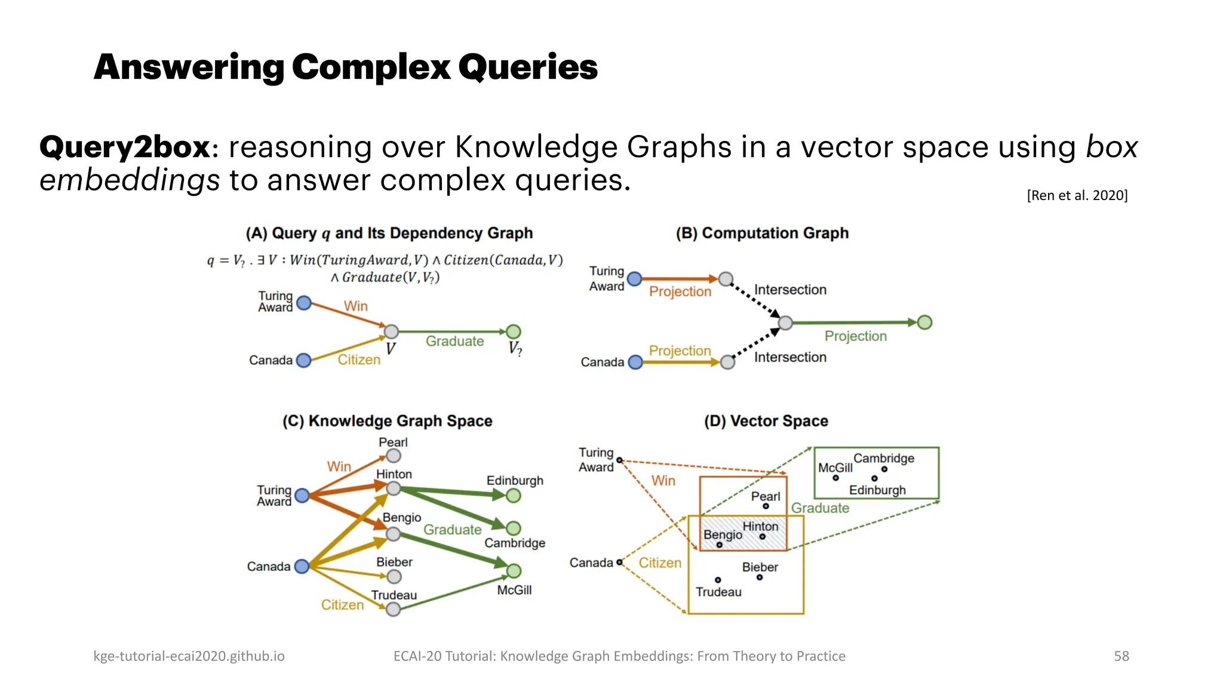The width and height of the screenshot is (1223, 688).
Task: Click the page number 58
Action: coord(1121,656)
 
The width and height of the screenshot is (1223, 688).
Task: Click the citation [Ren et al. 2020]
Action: coord(1077,195)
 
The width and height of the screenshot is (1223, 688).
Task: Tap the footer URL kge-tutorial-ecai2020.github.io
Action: coord(189,656)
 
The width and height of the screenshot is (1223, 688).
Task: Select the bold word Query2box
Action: coord(125,147)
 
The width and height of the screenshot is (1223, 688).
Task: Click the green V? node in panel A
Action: coord(513,331)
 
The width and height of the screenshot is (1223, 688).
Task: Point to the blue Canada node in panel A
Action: coord(303,360)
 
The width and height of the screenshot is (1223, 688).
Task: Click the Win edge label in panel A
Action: coord(355,306)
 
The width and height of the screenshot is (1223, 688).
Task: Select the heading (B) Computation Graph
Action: coord(761,233)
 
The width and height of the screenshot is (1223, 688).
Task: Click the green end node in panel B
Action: coord(924,322)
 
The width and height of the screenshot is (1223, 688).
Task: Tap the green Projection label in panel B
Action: coord(855,336)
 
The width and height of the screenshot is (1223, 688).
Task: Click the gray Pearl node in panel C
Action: coord(393,456)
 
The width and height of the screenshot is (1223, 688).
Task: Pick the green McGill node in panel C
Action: coord(514,571)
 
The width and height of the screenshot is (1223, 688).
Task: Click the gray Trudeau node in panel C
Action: coord(392,609)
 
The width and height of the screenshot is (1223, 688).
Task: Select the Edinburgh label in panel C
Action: coord(515,481)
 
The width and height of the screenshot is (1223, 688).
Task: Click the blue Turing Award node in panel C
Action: coord(302,496)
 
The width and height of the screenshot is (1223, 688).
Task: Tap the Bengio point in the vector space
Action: coord(719,545)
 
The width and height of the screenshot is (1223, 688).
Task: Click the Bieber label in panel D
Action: coord(760,567)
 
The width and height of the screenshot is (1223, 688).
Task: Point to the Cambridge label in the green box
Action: coord(883,458)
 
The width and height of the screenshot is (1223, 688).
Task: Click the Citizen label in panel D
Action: coord(659,563)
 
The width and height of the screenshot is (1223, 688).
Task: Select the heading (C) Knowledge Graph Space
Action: coord(387,421)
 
